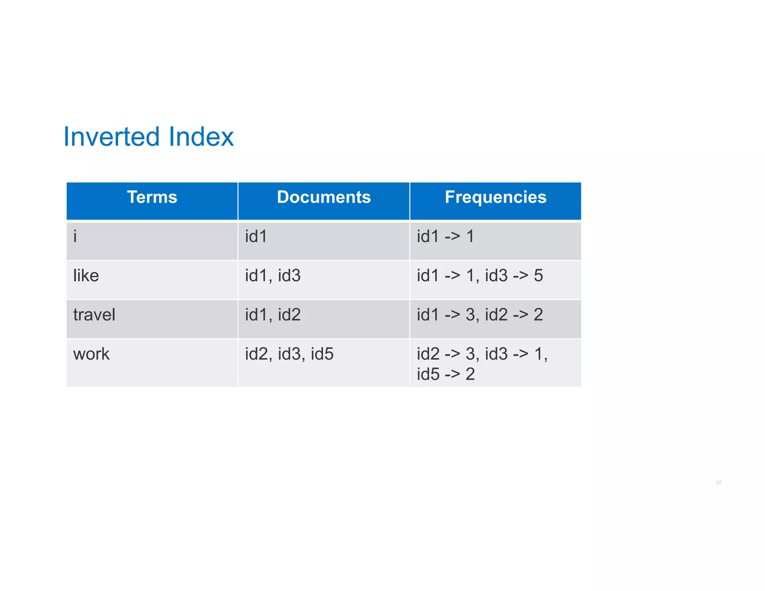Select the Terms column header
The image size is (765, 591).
152,197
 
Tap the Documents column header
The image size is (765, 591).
323,197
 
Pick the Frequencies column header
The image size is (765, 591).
495,197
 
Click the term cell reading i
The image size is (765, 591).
75,236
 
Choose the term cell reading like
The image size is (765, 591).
86,276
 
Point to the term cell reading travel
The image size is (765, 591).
94,315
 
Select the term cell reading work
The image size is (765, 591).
91,354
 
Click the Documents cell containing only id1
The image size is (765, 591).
256,236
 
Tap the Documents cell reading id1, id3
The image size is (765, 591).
273,276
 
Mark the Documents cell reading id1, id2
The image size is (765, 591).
273,315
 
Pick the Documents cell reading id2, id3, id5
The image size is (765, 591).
289,354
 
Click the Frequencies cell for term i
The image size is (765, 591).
445,236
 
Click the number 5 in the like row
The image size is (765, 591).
538,276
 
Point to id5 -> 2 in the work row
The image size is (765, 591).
446,374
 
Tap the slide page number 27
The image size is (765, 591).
718,483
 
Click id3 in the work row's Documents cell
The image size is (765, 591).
289,354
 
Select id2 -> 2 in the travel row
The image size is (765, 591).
514,315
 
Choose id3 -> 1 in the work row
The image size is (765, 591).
514,354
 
